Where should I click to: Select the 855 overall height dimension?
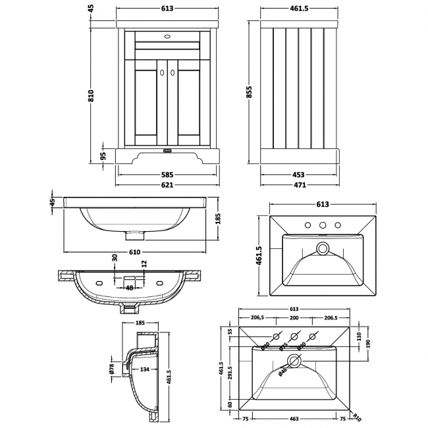(249, 95)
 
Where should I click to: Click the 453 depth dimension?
(298, 175)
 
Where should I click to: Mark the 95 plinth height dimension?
(103, 157)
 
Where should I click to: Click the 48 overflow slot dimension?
(130, 287)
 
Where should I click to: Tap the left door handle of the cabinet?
(162, 75)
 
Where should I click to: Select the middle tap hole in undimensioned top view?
(323, 226)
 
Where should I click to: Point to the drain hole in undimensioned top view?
(323, 248)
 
